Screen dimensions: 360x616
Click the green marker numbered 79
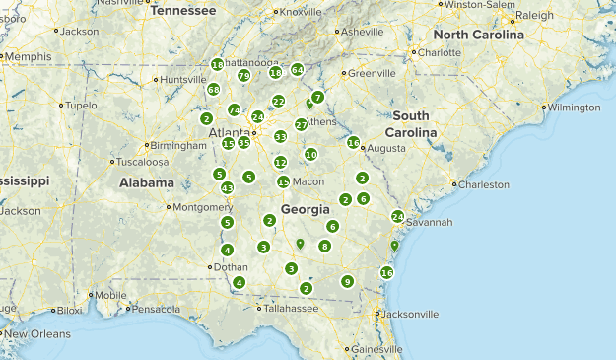(x=243, y=76)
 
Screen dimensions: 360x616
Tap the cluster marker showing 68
(x=214, y=90)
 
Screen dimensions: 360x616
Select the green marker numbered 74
(x=234, y=109)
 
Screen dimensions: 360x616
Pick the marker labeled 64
(x=297, y=70)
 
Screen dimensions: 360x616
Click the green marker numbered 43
(x=227, y=188)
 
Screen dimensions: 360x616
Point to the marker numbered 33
(x=281, y=137)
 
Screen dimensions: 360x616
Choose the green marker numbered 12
(x=281, y=163)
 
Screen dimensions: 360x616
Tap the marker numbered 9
(x=347, y=282)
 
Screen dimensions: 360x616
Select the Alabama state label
(x=147, y=182)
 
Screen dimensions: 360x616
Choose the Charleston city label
(x=483, y=184)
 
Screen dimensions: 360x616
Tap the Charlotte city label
(x=439, y=52)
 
